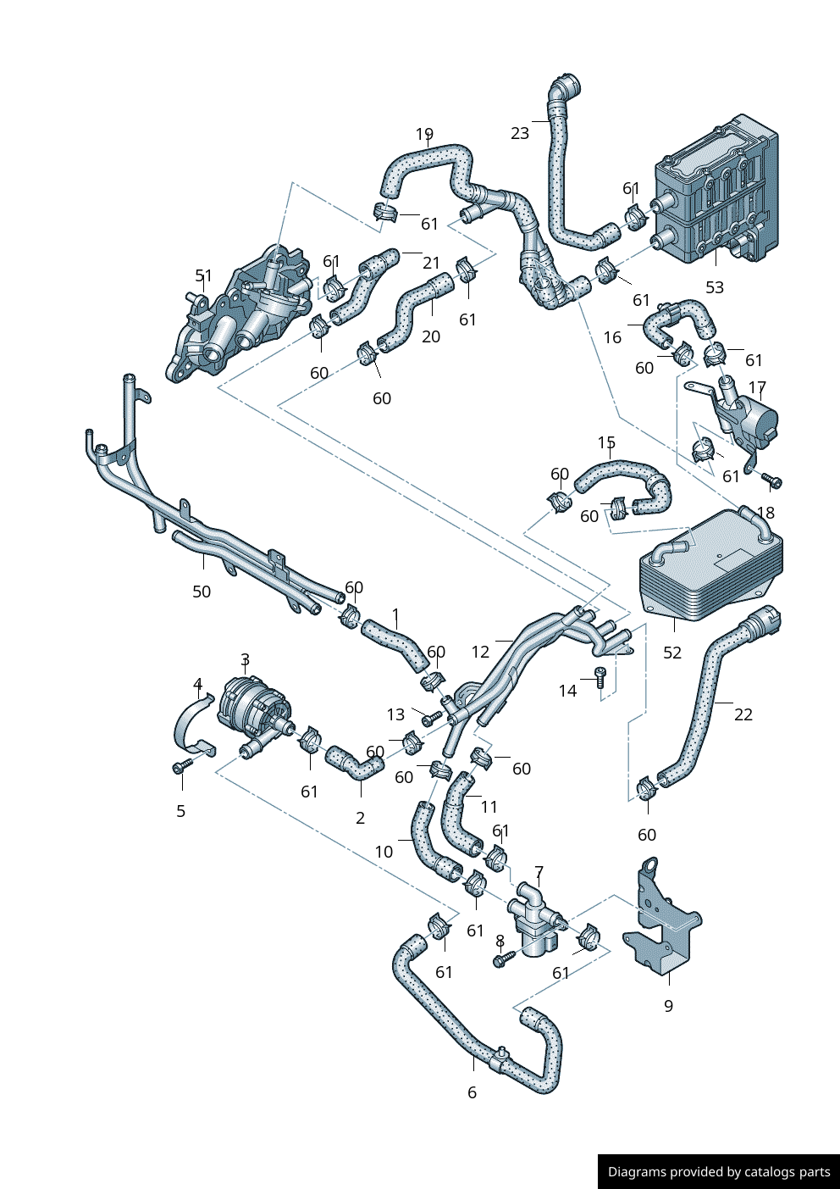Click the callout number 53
click(x=715, y=287)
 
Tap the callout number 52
click(x=672, y=653)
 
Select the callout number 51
click(x=204, y=276)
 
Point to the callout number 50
click(x=202, y=592)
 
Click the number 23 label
click(x=520, y=133)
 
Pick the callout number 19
click(x=424, y=135)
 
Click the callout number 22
click(x=743, y=714)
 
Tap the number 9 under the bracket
click(x=669, y=1006)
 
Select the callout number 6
click(x=472, y=1092)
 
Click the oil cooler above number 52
click(x=711, y=568)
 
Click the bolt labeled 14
click(x=600, y=675)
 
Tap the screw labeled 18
click(x=773, y=482)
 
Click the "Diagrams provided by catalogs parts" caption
click(x=719, y=1172)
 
